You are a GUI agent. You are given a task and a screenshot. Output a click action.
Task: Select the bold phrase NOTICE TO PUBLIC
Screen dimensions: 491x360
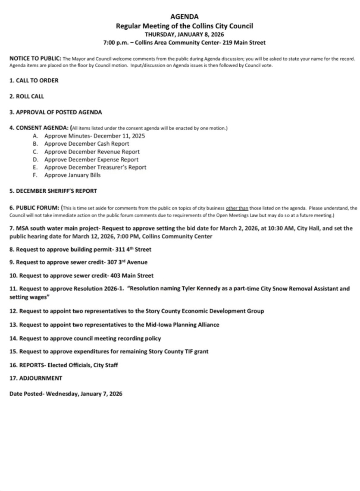click(x=35, y=59)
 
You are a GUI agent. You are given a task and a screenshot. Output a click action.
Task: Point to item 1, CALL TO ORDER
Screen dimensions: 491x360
click(x=34, y=80)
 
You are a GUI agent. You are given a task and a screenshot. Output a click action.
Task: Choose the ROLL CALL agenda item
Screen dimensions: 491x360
click(x=27, y=97)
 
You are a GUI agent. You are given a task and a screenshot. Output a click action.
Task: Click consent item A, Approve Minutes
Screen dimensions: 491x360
click(x=94, y=136)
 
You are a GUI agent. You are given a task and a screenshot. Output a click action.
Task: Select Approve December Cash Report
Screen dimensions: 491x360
click(x=87, y=144)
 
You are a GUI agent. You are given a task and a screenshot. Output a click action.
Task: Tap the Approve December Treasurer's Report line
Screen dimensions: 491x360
click(x=95, y=167)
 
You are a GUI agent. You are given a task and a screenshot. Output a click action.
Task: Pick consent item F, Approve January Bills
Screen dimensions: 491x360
click(x=72, y=175)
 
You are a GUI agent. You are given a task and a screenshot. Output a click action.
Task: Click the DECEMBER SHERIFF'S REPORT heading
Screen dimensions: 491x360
click(x=53, y=191)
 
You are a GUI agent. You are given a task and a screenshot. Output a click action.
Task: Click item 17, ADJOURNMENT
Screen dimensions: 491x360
click(x=36, y=378)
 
